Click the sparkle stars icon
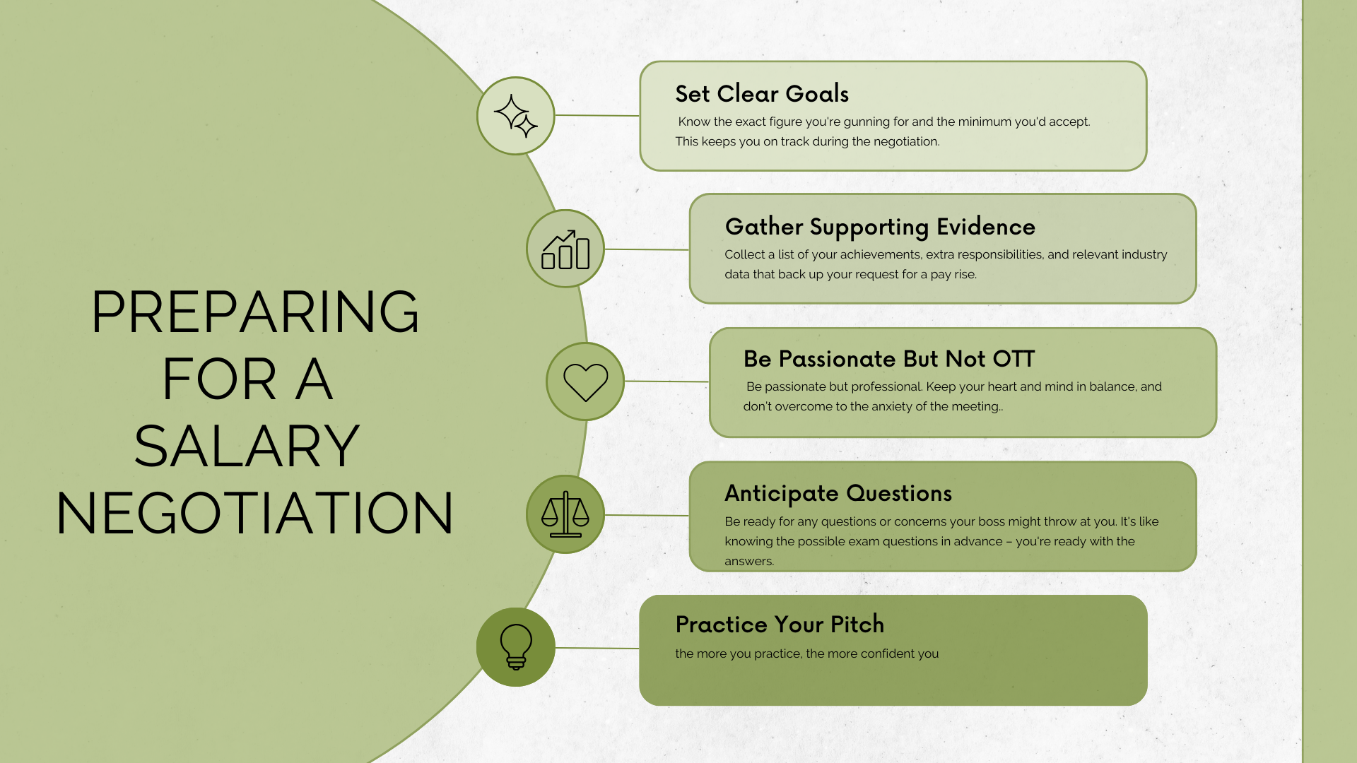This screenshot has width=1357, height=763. [515, 116]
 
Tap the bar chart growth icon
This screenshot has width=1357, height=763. [565, 249]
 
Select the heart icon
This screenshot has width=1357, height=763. [585, 382]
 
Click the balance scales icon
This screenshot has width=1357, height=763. [565, 514]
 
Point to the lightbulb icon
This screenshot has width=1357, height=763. [516, 646]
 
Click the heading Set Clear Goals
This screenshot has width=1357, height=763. [762, 94]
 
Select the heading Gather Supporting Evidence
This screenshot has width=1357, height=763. [880, 227]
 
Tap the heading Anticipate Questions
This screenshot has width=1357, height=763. [838, 494]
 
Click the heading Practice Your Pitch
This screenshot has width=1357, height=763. [780, 625]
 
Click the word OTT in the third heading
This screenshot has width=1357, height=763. [1014, 359]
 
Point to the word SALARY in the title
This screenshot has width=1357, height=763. [247, 446]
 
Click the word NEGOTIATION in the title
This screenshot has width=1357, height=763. [254, 513]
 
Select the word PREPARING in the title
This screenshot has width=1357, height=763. [255, 312]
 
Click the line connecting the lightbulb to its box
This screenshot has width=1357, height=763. [597, 648]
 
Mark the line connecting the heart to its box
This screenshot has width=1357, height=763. [666, 381]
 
